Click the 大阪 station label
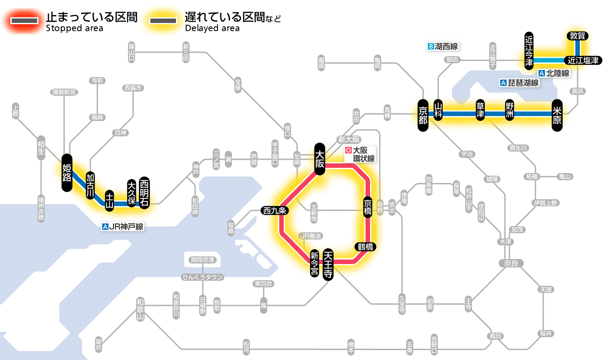coord(320,159)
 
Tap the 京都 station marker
coord(423,114)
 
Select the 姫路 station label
coord(67,173)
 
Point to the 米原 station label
coord(557,114)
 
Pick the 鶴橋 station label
coord(365,247)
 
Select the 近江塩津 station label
coord(583,60)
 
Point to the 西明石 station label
coord(144,193)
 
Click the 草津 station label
coord(480,111)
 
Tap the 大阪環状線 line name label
coord(360,155)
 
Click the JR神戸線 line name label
coord(123,227)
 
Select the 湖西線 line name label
coord(443,46)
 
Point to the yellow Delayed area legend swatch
coord(163,21)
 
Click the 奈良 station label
coord(510,263)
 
